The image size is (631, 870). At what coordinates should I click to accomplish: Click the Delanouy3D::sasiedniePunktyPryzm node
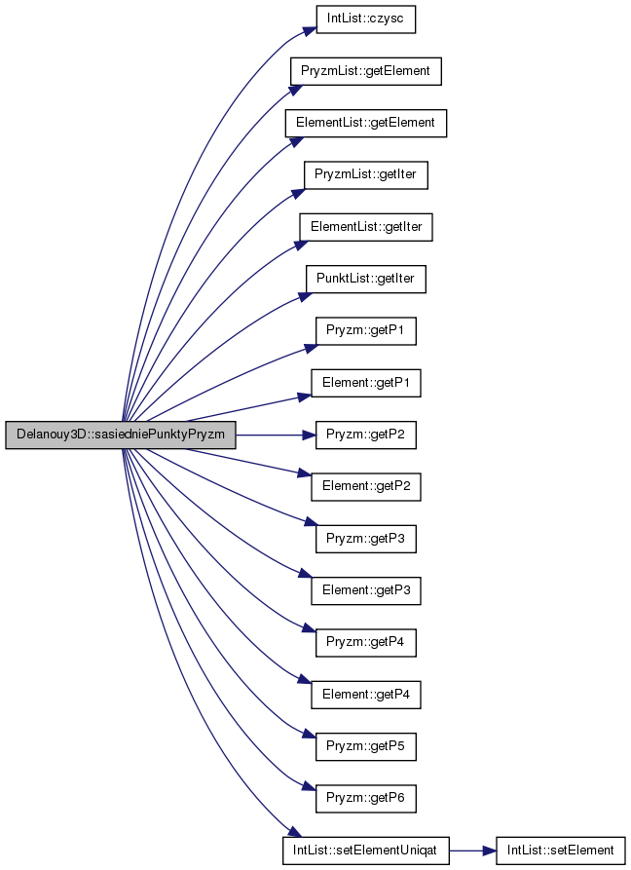[121, 435]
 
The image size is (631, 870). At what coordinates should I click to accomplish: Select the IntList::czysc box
[365, 19]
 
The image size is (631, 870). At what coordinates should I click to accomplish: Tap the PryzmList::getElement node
[365, 71]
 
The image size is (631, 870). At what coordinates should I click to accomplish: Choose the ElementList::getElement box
[365, 123]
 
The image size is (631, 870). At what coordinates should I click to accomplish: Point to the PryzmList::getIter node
[365, 174]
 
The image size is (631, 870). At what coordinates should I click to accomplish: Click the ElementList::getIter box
[365, 227]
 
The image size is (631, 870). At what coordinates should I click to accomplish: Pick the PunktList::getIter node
[365, 279]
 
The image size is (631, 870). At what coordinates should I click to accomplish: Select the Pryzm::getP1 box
[365, 331]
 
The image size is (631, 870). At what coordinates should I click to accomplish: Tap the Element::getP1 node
[365, 383]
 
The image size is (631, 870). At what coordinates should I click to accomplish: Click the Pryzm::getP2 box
[365, 435]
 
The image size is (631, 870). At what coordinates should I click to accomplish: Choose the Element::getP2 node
[365, 487]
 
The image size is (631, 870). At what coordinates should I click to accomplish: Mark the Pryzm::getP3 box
[365, 539]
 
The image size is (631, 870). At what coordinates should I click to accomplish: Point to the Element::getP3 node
[365, 591]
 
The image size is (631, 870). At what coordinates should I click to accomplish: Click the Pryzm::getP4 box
[365, 643]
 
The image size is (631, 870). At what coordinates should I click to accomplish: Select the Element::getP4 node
[365, 695]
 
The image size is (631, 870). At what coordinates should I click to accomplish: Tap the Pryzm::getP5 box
[365, 747]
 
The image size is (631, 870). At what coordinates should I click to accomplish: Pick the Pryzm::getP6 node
[365, 799]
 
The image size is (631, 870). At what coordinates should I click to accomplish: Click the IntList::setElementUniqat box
[365, 851]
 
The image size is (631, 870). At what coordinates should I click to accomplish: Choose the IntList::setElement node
[560, 851]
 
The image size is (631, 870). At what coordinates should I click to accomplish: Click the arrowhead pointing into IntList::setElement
[490, 851]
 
